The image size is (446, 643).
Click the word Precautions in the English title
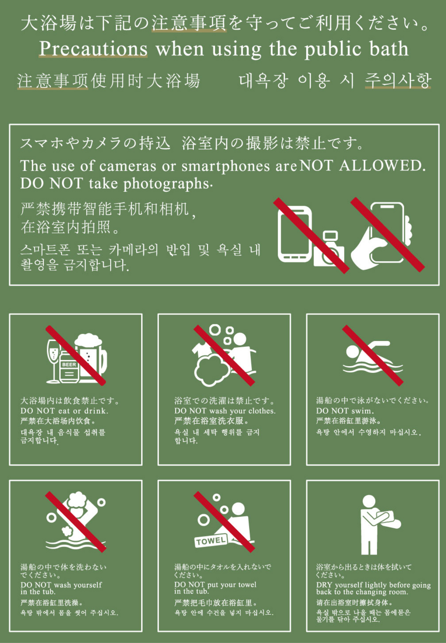[93, 49]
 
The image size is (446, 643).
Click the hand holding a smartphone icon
[382, 236]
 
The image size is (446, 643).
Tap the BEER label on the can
[69, 365]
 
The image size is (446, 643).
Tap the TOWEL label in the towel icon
[210, 541]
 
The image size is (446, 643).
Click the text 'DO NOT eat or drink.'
[64, 411]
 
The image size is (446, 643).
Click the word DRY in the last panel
[324, 585]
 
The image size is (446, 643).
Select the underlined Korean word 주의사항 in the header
[398, 80]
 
